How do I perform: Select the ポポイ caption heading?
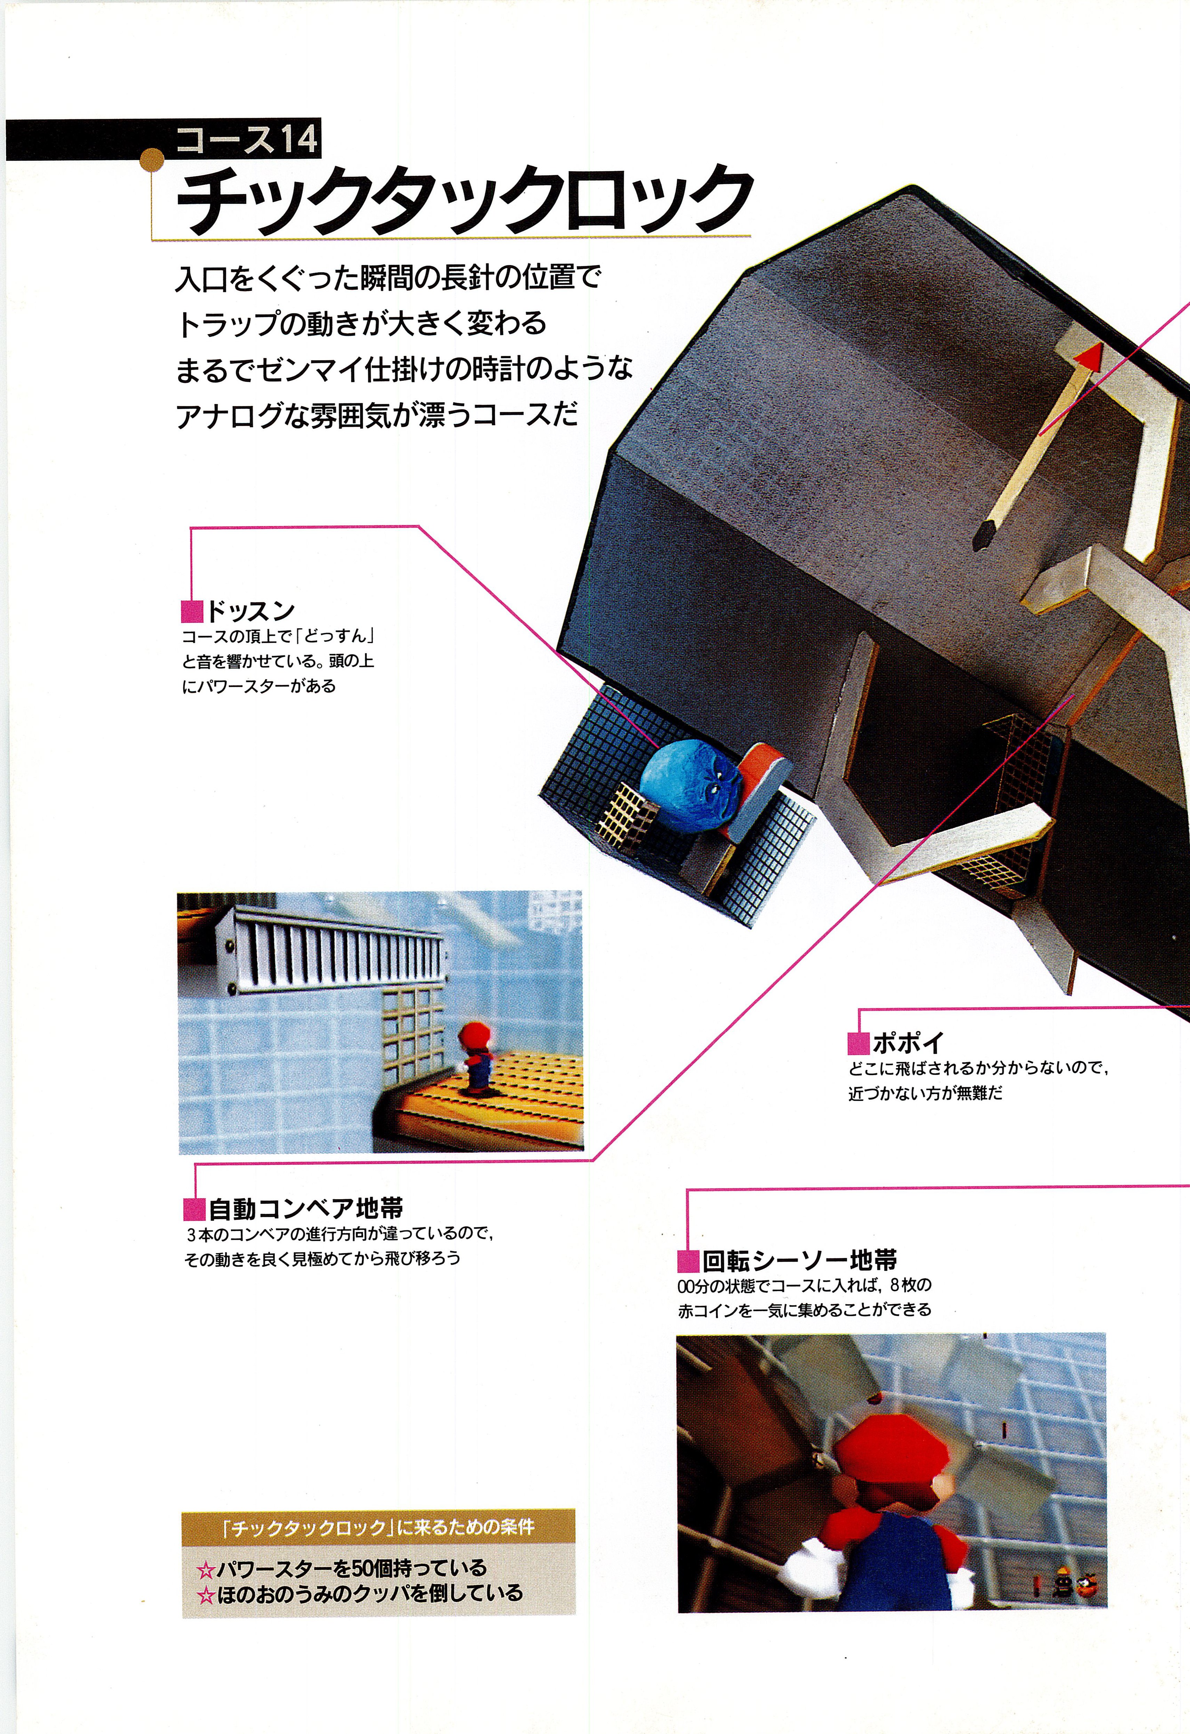(x=907, y=1042)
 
